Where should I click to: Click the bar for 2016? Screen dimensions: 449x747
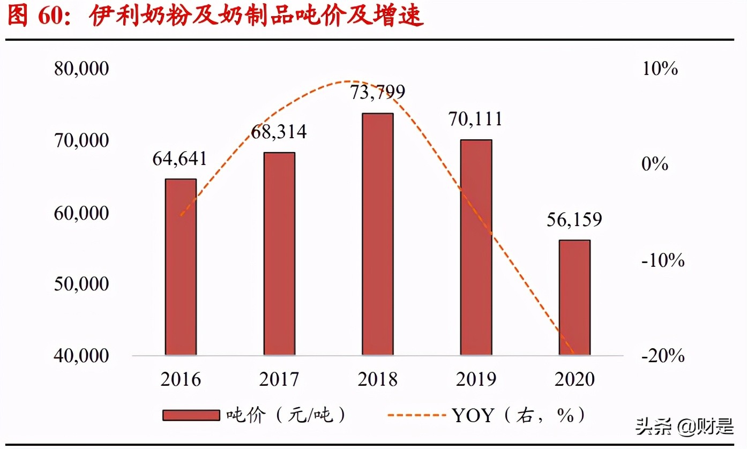coord(181,266)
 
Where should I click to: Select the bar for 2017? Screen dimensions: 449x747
coord(279,253)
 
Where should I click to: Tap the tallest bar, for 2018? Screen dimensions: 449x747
coord(378,234)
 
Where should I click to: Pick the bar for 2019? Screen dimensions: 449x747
coord(476,247)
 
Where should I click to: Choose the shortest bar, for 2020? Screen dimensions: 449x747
coord(574,297)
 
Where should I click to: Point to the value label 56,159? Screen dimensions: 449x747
coord(574,220)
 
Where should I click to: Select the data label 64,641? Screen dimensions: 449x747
coord(180,159)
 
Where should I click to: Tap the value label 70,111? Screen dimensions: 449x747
coord(476,119)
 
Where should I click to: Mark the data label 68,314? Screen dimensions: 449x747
coord(279,132)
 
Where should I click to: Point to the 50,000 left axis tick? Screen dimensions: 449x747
coord(81,284)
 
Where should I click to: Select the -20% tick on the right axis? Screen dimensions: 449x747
coord(663,356)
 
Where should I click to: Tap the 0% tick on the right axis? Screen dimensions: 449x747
coord(655,164)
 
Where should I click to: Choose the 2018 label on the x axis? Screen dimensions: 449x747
coord(378,380)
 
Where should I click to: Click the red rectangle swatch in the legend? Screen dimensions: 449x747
coord(191,415)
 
